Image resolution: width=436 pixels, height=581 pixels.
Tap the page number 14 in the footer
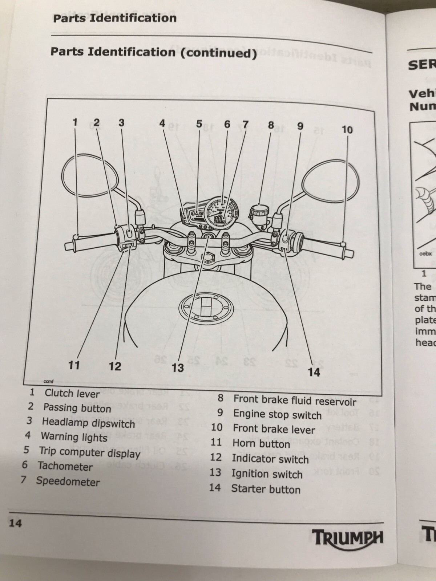(x=15, y=523)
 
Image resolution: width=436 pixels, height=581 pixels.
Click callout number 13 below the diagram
(x=178, y=368)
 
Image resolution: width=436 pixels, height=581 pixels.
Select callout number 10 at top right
(x=347, y=130)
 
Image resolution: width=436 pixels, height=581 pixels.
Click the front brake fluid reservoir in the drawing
(x=259, y=211)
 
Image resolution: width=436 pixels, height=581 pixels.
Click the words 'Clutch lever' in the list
(x=72, y=393)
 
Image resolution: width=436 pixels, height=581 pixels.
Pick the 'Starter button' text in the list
(x=266, y=489)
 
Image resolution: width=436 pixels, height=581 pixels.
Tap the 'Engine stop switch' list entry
(x=277, y=414)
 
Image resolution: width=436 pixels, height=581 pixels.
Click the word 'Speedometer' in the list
(x=68, y=482)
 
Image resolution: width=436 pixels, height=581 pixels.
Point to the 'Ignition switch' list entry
(x=267, y=474)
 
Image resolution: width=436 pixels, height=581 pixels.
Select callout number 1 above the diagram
(x=75, y=122)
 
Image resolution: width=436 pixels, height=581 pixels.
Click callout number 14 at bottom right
(x=314, y=372)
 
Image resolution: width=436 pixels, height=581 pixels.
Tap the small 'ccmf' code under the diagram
(x=48, y=382)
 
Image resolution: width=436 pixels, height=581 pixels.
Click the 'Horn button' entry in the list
(x=261, y=444)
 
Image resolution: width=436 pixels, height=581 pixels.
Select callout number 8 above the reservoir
(x=271, y=125)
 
